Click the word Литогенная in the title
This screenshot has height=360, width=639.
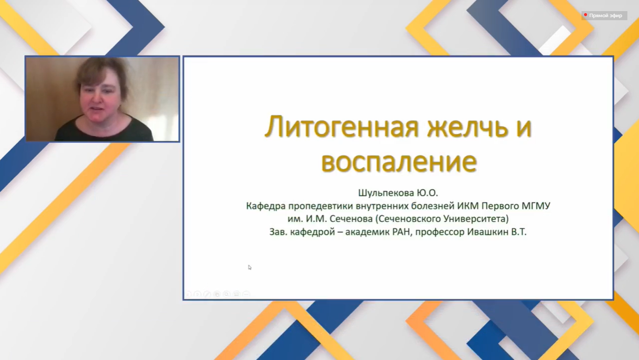coord(341,128)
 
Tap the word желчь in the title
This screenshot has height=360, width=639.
coord(468,128)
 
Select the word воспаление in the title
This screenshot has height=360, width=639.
coord(399,162)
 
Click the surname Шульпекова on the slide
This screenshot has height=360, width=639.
coord(386,193)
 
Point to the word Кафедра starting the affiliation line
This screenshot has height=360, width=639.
coord(266,206)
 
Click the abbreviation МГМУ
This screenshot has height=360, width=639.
coord(536,206)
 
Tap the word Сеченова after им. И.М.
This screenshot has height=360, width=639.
coord(351,219)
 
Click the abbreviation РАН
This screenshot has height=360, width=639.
coord(401,232)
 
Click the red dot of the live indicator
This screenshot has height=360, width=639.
coord(586,15)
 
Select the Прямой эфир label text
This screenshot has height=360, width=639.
coord(606,16)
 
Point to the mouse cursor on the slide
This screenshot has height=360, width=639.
coord(249,267)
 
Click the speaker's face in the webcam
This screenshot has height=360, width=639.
coord(100,94)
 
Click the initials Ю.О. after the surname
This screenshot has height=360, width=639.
coord(427,193)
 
